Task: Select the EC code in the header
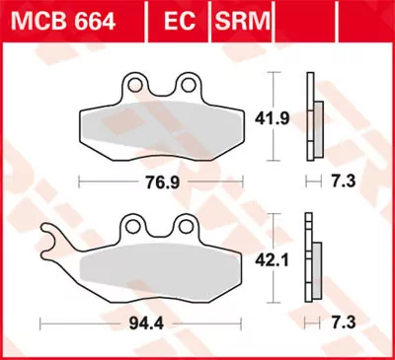coord(177,17)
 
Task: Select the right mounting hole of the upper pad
coord(184,83)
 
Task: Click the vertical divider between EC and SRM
coord(209,17)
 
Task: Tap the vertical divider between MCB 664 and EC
coord(145,17)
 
